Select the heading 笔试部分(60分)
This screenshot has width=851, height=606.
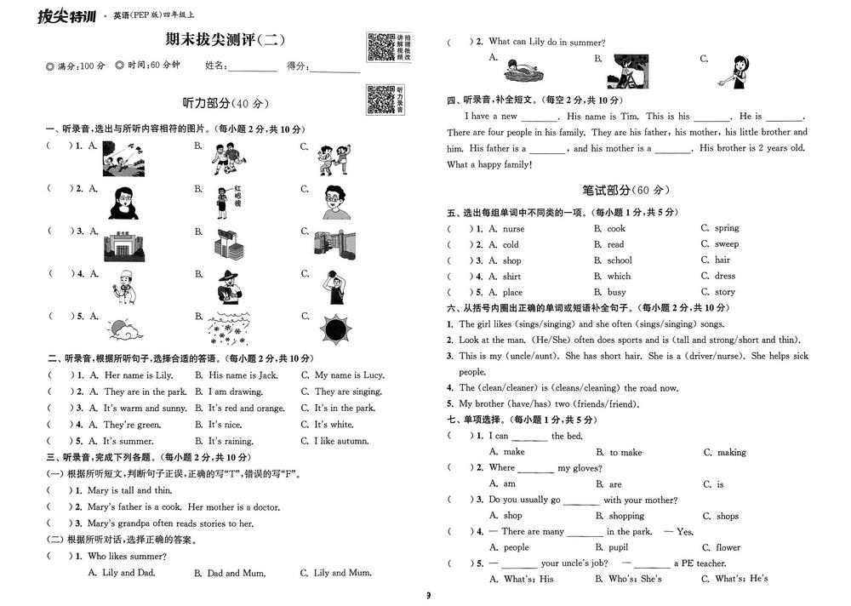625,190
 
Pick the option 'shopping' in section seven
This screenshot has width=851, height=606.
626,516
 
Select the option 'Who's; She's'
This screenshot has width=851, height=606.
635,579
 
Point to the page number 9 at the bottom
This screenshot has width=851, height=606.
429,595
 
